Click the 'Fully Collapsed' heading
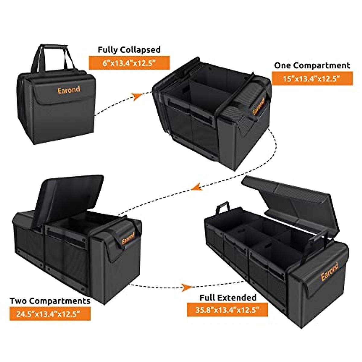(129, 50)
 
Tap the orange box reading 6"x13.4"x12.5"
(129, 63)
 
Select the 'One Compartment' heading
(312, 65)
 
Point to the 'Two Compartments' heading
(50, 301)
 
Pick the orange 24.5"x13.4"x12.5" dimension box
(50, 314)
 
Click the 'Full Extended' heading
(228, 297)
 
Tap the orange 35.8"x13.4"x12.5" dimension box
(227, 310)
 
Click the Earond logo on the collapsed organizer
(69, 90)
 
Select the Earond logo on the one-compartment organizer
(258, 106)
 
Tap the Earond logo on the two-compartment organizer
(129, 238)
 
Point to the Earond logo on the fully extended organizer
(329, 271)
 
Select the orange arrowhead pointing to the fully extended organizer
(186, 287)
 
